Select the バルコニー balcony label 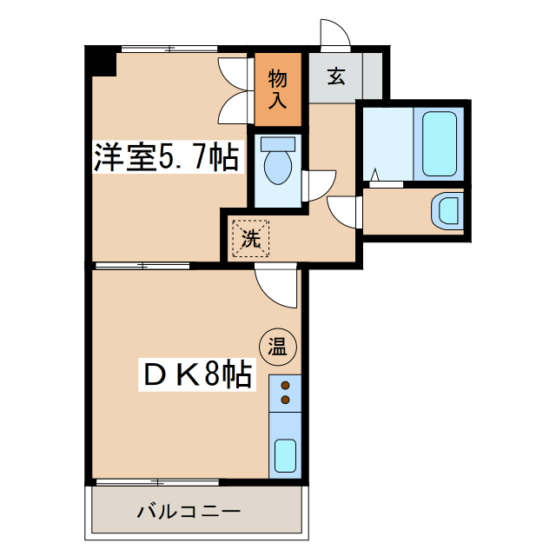(189, 511)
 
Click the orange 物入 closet (278, 89)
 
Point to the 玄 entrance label (335, 76)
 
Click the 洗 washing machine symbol (250, 239)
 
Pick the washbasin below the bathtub (447, 211)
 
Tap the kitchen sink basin (284, 454)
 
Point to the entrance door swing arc (334, 33)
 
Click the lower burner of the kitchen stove (284, 400)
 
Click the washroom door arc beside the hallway (346, 211)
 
